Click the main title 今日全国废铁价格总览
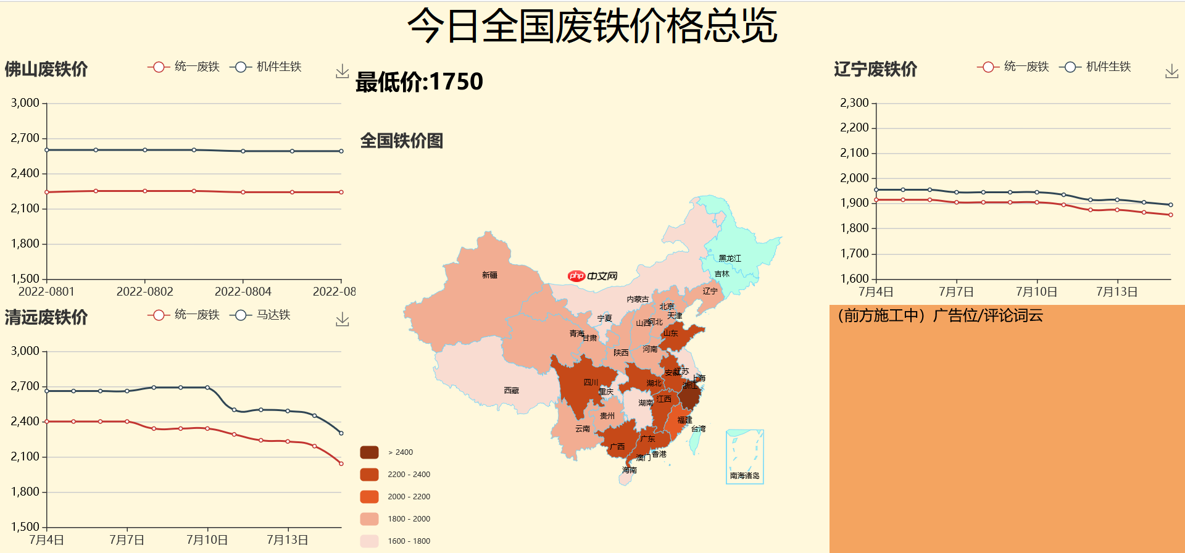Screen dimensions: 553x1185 (592, 27)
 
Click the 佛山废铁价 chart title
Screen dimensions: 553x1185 (46, 69)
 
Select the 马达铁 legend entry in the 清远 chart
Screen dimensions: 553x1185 (260, 315)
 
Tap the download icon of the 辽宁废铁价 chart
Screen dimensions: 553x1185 (1171, 72)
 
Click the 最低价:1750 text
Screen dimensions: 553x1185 (419, 81)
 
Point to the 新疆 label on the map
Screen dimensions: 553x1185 (489, 275)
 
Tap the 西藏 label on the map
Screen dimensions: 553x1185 (511, 391)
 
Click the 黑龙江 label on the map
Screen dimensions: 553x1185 (730, 259)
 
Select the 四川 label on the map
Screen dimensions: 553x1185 (591, 383)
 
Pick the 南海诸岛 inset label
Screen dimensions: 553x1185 (744, 476)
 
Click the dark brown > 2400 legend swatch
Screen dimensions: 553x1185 (369, 452)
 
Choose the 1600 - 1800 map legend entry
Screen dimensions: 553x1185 (409, 541)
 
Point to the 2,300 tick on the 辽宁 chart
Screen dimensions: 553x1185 (854, 103)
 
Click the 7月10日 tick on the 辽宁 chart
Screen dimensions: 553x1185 (1036, 292)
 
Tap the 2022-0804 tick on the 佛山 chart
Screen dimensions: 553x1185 (243, 292)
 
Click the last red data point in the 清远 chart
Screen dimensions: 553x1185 (341, 464)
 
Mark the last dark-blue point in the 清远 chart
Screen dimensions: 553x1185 (341, 433)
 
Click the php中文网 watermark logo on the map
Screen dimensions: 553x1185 (592, 276)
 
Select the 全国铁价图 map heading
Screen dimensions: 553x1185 (401, 141)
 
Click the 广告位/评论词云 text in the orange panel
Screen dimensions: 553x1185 (987, 316)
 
